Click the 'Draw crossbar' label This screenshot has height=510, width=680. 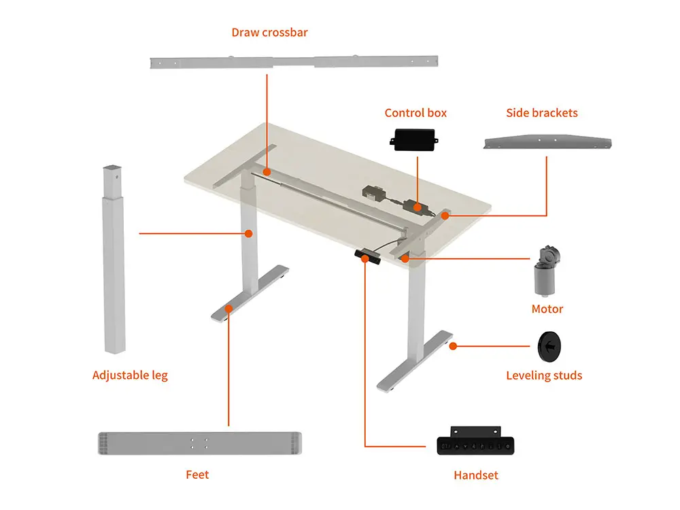tap(269, 33)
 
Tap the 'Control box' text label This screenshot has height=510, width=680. tap(415, 113)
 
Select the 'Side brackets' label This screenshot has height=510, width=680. tap(542, 113)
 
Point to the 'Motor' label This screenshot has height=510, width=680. tap(547, 309)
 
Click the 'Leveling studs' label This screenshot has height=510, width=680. tap(544, 375)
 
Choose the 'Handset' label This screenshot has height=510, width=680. tap(476, 475)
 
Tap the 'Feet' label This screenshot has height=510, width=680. tap(197, 475)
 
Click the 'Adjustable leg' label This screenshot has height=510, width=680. tap(130, 375)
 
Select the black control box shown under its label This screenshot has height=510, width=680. tap(414, 139)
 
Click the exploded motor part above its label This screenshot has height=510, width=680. tap(547, 271)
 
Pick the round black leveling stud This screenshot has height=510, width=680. tap(549, 347)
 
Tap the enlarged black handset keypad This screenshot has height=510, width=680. tap(475, 441)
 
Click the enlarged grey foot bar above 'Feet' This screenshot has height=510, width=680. tap(200, 443)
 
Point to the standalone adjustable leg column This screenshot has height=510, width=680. tap(114, 259)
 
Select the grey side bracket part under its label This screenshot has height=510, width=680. tap(547, 142)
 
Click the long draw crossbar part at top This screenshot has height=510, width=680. tap(294, 62)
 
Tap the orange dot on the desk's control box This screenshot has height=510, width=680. tap(418, 207)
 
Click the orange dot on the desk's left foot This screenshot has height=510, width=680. tap(228, 309)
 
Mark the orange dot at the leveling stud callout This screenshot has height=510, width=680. tap(453, 346)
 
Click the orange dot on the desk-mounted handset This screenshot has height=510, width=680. tap(364, 259)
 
